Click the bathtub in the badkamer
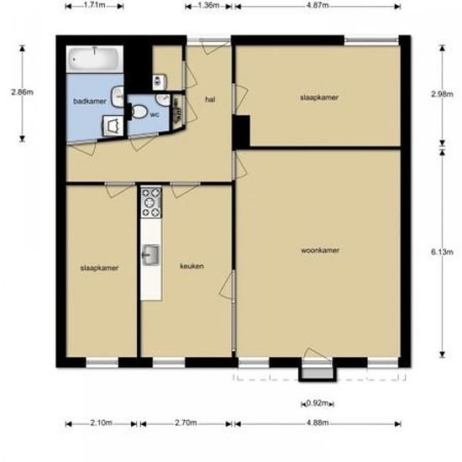tap(95, 58)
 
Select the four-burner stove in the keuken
tap(150, 202)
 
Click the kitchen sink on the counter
tap(150, 253)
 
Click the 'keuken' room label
tap(192, 266)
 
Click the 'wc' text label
tap(155, 115)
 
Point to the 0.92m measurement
tap(317, 402)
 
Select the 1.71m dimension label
tap(94, 5)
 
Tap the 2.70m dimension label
tap(186, 423)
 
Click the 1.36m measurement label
tap(208, 5)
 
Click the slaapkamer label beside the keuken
tap(98, 268)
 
